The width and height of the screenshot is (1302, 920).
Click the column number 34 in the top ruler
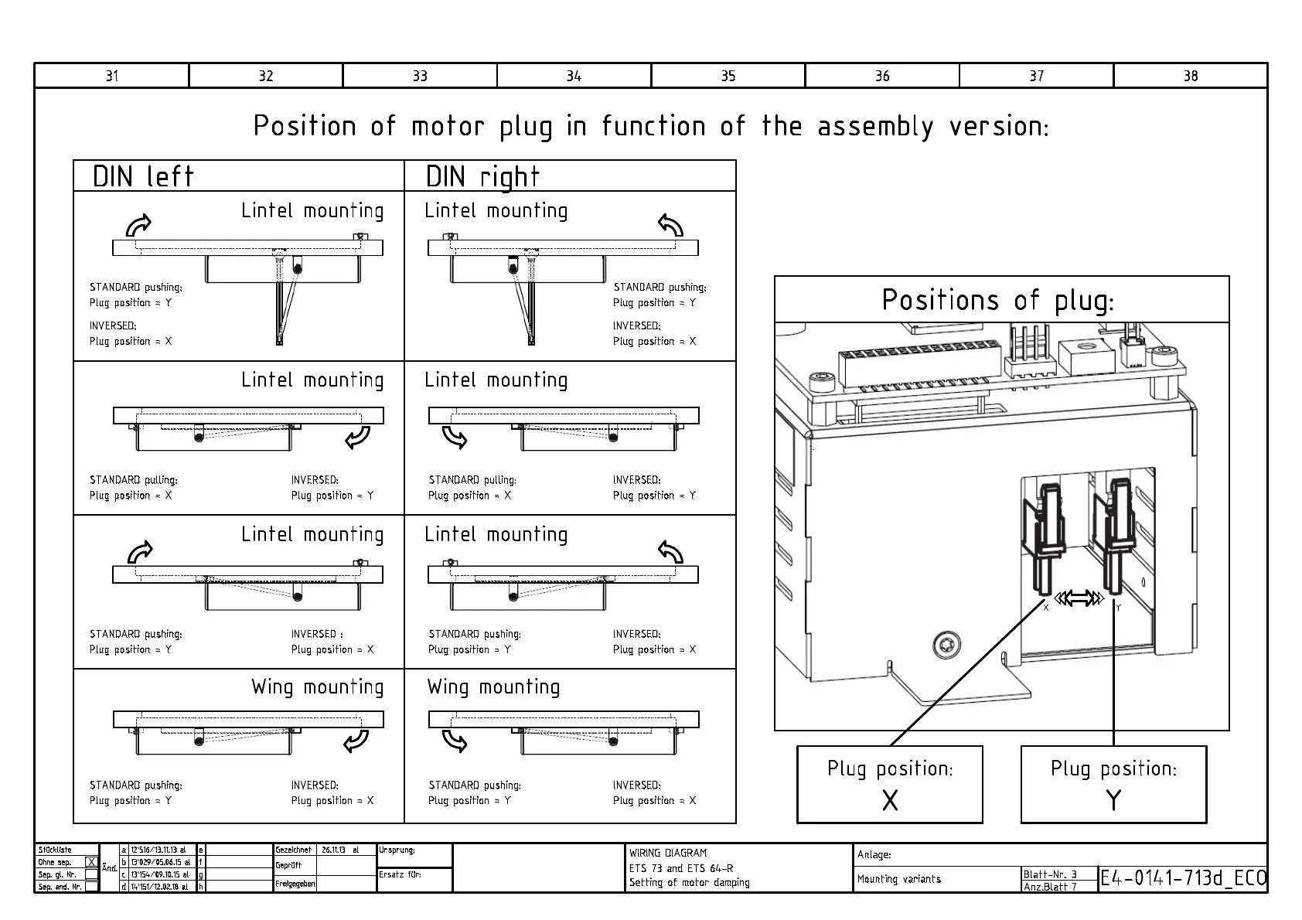click(x=574, y=76)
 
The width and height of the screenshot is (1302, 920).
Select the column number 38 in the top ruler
click(x=1191, y=76)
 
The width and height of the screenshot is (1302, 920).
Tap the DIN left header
click(x=143, y=177)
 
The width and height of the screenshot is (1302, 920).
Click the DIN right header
click(x=482, y=177)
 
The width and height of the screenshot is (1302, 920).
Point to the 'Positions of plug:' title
click(x=998, y=300)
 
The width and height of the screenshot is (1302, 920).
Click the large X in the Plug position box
click(x=890, y=800)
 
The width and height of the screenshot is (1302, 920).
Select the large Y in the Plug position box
click(x=1113, y=800)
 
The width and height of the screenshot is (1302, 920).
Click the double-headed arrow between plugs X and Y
click(x=1079, y=598)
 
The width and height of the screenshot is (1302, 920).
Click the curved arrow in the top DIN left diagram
click(x=139, y=225)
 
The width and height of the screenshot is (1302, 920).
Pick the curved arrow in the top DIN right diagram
click(x=670, y=225)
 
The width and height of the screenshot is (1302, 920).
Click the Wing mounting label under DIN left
click(x=317, y=687)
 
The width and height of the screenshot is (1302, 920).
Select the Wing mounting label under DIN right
click(x=493, y=687)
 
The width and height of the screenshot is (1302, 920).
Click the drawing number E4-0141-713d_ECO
click(x=1183, y=878)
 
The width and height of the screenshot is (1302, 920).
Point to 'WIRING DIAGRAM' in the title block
click(x=668, y=853)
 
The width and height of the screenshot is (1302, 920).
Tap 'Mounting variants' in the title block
click(x=899, y=879)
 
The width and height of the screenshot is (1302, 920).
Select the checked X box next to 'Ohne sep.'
click(x=91, y=862)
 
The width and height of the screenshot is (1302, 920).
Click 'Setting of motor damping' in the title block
click(x=689, y=882)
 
